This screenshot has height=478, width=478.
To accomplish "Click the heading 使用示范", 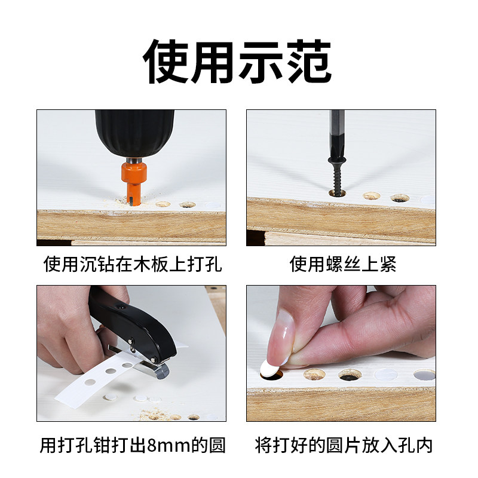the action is click(x=237, y=62).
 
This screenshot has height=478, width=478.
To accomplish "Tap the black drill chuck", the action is click(x=135, y=133).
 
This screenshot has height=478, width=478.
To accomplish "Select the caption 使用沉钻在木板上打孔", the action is click(x=132, y=264).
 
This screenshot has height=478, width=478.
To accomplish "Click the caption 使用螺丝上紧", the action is click(x=342, y=264).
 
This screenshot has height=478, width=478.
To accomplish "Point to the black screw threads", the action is click(x=337, y=180).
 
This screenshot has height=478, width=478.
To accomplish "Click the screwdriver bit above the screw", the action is click(x=337, y=133).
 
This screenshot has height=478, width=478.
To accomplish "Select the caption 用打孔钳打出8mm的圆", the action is click(x=132, y=445).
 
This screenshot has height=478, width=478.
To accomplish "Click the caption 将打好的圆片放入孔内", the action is click(x=344, y=445).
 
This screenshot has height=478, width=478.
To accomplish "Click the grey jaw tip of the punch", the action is click(x=162, y=370).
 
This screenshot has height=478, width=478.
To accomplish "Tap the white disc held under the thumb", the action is click(x=271, y=369).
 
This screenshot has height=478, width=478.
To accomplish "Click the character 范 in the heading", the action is click(x=308, y=62).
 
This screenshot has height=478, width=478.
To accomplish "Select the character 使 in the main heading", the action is click(x=166, y=62).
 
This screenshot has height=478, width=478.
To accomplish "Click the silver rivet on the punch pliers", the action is click(x=131, y=341).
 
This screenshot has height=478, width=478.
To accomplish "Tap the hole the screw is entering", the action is click(x=338, y=193).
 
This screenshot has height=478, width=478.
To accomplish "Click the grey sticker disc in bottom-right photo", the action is click(x=424, y=375).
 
